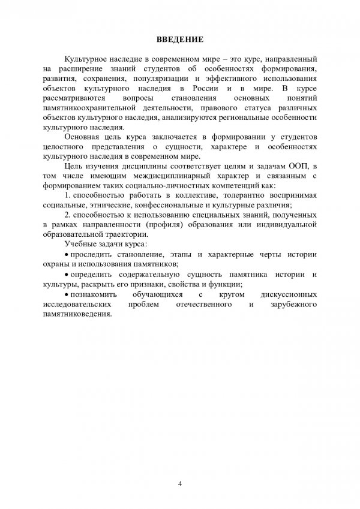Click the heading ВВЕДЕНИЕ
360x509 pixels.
180,40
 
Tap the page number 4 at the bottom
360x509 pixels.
180,484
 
